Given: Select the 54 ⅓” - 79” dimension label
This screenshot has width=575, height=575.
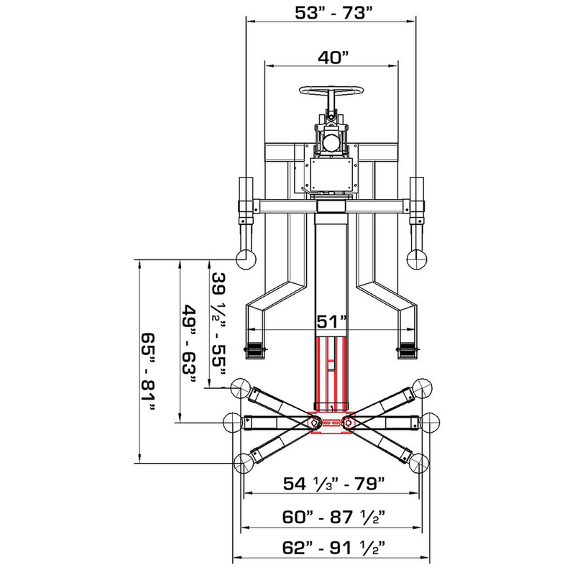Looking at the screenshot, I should pos(331,482).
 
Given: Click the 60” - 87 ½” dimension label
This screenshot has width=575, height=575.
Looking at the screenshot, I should pos(331,516).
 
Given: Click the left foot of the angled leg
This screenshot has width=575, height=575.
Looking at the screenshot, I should pos(256,349).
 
